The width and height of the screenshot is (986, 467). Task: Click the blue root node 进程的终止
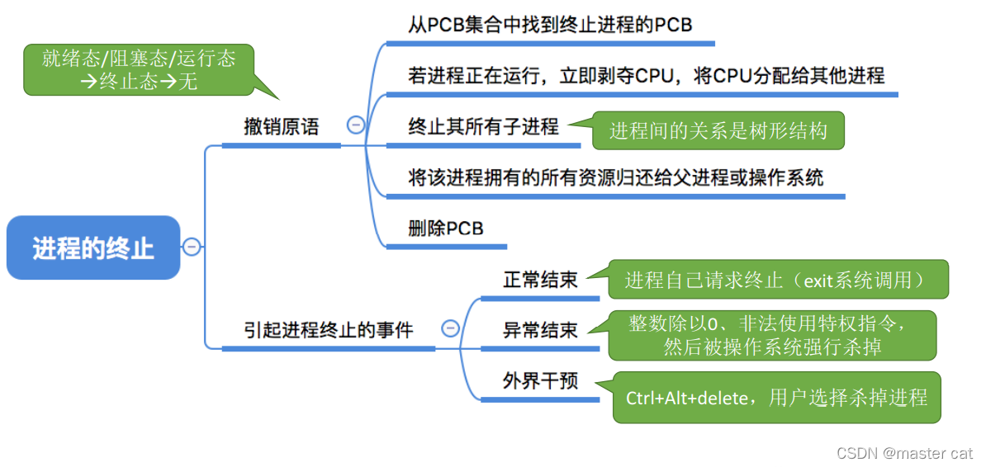tap(93, 248)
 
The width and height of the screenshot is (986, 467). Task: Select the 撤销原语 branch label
tap(281, 127)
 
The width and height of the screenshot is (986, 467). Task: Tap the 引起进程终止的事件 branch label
tap(328, 330)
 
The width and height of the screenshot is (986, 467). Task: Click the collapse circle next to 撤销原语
tap(356, 125)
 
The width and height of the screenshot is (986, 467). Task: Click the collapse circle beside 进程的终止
tap(192, 247)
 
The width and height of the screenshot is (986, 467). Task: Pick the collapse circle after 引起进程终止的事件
tap(450, 328)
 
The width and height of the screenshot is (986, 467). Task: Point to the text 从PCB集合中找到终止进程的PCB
tap(550, 26)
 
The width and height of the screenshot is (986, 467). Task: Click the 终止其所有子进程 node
tap(483, 126)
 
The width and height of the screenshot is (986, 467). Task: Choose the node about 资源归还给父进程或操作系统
tap(615, 177)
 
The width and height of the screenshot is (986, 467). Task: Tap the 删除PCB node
tap(445, 229)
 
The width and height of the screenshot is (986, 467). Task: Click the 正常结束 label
tap(540, 280)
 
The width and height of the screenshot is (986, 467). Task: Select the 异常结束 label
tap(540, 331)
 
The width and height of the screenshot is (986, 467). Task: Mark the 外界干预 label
tap(540, 381)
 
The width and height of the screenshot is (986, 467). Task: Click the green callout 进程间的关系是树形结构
tap(718, 130)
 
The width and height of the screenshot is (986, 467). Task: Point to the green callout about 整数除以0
tap(772, 335)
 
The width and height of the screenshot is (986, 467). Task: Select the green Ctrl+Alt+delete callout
tap(776, 398)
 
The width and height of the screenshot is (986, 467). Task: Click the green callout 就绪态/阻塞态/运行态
tap(139, 69)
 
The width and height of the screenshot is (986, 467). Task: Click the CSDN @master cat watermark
tap(904, 453)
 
